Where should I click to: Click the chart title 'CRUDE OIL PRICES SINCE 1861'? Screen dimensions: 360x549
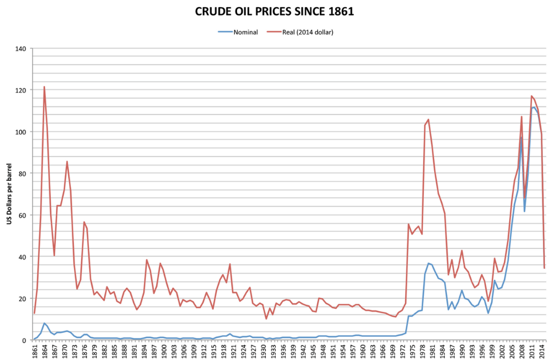coord(274,11)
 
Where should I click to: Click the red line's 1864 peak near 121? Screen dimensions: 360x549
coord(44,87)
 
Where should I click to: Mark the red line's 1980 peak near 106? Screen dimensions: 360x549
coord(428,119)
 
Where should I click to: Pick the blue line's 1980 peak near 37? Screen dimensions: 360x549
coord(428,263)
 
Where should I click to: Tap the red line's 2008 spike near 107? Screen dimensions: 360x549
coord(522,117)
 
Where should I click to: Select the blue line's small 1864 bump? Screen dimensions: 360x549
coord(44,323)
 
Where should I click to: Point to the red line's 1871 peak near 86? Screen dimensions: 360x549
coord(67,161)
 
